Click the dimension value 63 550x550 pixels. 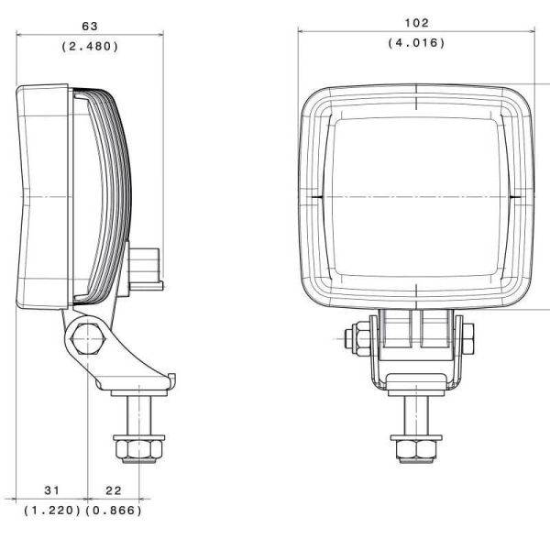[90, 27]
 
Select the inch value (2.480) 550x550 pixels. [90, 46]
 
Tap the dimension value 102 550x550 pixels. [415, 23]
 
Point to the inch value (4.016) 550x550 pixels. [415, 42]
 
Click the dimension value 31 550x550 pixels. [50, 491]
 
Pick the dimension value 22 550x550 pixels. [112, 491]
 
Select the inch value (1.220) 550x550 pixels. [50, 511]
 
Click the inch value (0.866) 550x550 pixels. [114, 511]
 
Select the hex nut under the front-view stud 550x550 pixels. [415, 450]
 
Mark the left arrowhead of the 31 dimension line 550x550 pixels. [20, 500]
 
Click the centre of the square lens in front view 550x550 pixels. [415, 196]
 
